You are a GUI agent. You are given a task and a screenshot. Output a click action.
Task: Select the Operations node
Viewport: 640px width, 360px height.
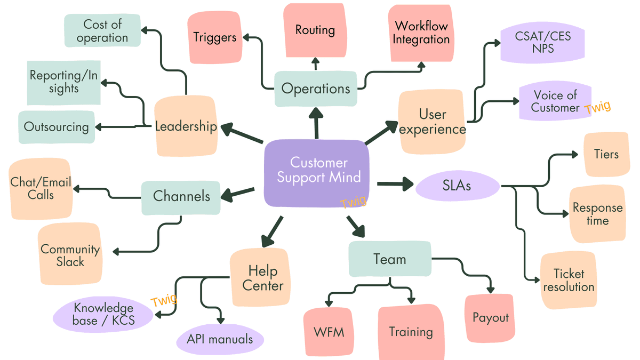(x=315, y=89)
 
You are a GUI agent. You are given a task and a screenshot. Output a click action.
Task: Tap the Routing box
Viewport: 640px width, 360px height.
(x=315, y=30)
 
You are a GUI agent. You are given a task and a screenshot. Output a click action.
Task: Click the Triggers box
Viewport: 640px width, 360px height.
(x=214, y=37)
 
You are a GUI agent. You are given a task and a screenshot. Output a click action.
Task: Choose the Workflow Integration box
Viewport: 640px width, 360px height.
(x=422, y=33)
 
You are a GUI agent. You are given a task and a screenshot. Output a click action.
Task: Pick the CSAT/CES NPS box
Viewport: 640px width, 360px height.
(x=542, y=42)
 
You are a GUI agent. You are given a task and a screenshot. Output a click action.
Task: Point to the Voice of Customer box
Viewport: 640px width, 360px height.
(x=555, y=101)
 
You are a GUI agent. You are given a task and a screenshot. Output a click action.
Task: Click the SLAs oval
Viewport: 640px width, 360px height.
(x=457, y=186)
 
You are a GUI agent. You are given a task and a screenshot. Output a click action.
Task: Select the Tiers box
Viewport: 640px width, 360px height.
(x=606, y=155)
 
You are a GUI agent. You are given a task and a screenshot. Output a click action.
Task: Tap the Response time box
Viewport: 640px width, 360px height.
(x=597, y=214)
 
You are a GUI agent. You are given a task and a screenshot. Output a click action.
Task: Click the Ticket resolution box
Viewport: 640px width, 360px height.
(x=569, y=281)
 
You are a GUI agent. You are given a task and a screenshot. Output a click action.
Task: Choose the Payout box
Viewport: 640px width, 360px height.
(x=490, y=318)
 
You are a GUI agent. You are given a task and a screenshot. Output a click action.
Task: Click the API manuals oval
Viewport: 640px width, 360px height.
(x=220, y=339)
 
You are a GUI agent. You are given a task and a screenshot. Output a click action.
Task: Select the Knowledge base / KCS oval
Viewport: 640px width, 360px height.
(x=103, y=315)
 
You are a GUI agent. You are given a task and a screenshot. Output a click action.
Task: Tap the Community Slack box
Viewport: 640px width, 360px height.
(x=70, y=255)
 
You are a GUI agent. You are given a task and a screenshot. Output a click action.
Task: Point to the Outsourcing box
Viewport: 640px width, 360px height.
(x=56, y=127)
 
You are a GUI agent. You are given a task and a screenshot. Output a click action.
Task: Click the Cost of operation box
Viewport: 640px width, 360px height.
(x=102, y=31)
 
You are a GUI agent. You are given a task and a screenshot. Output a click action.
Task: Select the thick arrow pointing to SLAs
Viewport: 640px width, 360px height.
(x=395, y=185)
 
